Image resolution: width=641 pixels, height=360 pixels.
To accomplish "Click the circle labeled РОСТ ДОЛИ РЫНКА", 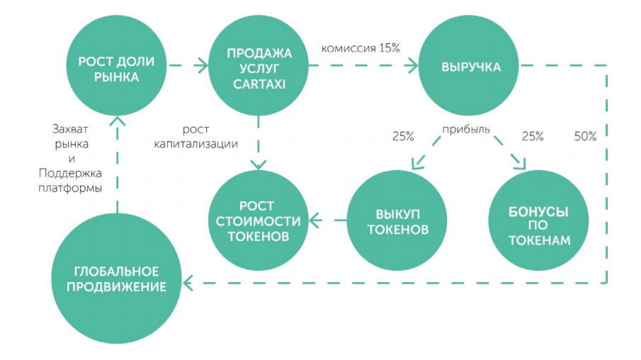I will (116, 68).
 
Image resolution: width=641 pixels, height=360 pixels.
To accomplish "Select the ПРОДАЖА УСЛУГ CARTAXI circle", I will (259, 68).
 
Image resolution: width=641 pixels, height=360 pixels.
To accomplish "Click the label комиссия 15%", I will (361, 48).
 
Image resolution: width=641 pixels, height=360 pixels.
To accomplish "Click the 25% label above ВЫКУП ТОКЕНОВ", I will (403, 136).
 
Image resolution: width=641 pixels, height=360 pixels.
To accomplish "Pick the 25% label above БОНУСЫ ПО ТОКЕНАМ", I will (532, 136).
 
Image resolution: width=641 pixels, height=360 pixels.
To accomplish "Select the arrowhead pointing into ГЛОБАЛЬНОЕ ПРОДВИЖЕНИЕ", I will (188, 283).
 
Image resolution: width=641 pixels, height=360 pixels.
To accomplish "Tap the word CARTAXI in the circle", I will (259, 84).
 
